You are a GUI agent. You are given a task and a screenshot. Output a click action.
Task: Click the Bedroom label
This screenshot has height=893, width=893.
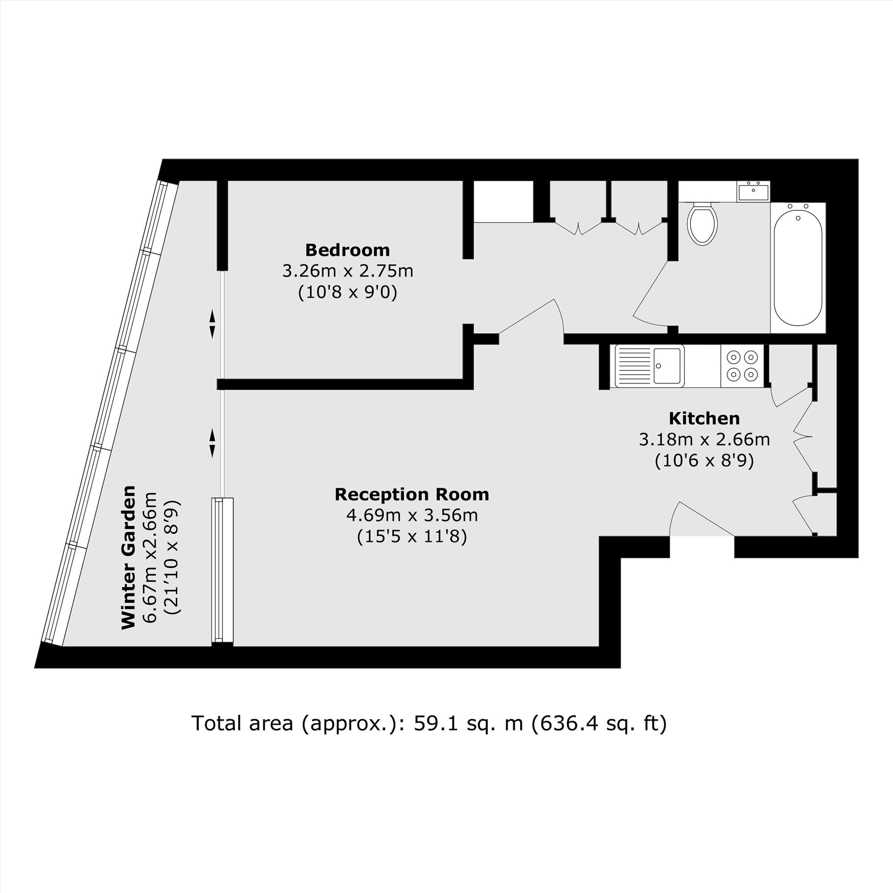[x=347, y=250]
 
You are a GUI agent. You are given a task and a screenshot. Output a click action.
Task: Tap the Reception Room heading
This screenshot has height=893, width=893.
[x=412, y=494]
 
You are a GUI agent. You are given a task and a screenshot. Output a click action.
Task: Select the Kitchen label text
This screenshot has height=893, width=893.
[x=705, y=418]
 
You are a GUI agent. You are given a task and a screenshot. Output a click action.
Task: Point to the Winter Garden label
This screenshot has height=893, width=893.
[x=129, y=557]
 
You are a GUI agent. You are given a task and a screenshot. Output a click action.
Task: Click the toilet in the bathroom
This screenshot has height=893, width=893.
[x=702, y=224]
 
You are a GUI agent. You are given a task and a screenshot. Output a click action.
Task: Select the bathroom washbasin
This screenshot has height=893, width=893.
[x=753, y=192]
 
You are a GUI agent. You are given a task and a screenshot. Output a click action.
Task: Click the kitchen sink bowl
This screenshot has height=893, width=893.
[x=667, y=366]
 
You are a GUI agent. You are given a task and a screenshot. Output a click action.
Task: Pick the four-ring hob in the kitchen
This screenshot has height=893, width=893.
[x=743, y=366]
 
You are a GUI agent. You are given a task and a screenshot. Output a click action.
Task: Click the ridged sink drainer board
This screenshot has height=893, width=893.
[x=634, y=366]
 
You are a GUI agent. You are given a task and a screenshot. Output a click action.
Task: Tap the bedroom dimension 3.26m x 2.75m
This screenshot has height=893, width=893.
[x=347, y=271]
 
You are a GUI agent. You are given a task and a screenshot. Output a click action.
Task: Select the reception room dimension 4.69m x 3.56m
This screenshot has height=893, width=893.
[x=412, y=515]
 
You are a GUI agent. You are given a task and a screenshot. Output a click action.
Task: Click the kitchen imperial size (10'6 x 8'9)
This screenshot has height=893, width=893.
[x=705, y=461]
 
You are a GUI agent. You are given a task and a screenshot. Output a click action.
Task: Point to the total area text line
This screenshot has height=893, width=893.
[x=429, y=723]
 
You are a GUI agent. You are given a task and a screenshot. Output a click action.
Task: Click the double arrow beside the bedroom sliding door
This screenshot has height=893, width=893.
[x=212, y=324]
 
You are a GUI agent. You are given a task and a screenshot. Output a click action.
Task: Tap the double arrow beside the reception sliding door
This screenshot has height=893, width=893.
[x=212, y=443]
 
